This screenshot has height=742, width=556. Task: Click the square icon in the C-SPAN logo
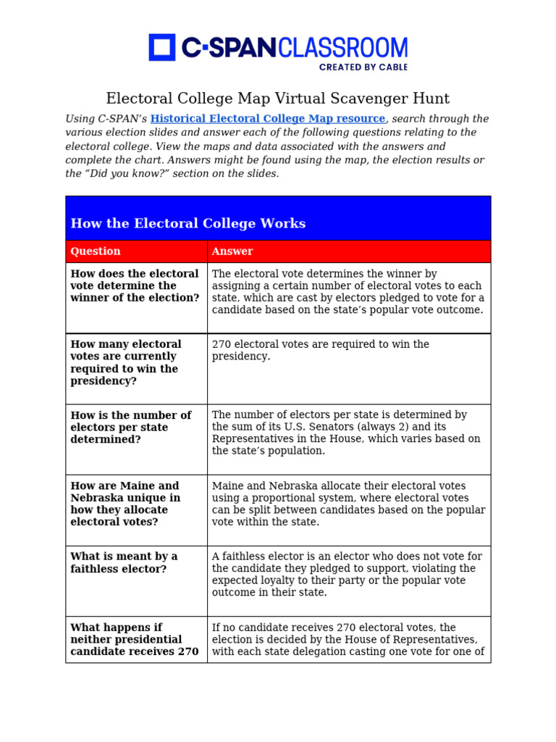162,47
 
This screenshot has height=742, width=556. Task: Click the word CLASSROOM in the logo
342,48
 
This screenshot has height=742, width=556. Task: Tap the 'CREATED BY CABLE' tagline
363,67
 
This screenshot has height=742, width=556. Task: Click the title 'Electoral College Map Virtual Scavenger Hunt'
278,99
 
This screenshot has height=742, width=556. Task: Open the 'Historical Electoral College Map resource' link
268,119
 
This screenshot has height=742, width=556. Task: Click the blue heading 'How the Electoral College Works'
188,223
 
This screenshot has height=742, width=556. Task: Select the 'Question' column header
96,251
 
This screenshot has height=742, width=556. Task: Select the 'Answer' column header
232,251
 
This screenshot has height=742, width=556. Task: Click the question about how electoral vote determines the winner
135,285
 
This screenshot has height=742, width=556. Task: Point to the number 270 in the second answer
222,344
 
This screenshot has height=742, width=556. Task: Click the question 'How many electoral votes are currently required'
125,362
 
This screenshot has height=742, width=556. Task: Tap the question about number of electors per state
131,427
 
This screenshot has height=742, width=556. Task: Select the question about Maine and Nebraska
125,504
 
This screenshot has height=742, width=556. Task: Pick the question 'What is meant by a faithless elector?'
124,562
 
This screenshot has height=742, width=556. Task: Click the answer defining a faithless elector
347,574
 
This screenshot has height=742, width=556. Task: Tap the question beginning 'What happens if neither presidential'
134,639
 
